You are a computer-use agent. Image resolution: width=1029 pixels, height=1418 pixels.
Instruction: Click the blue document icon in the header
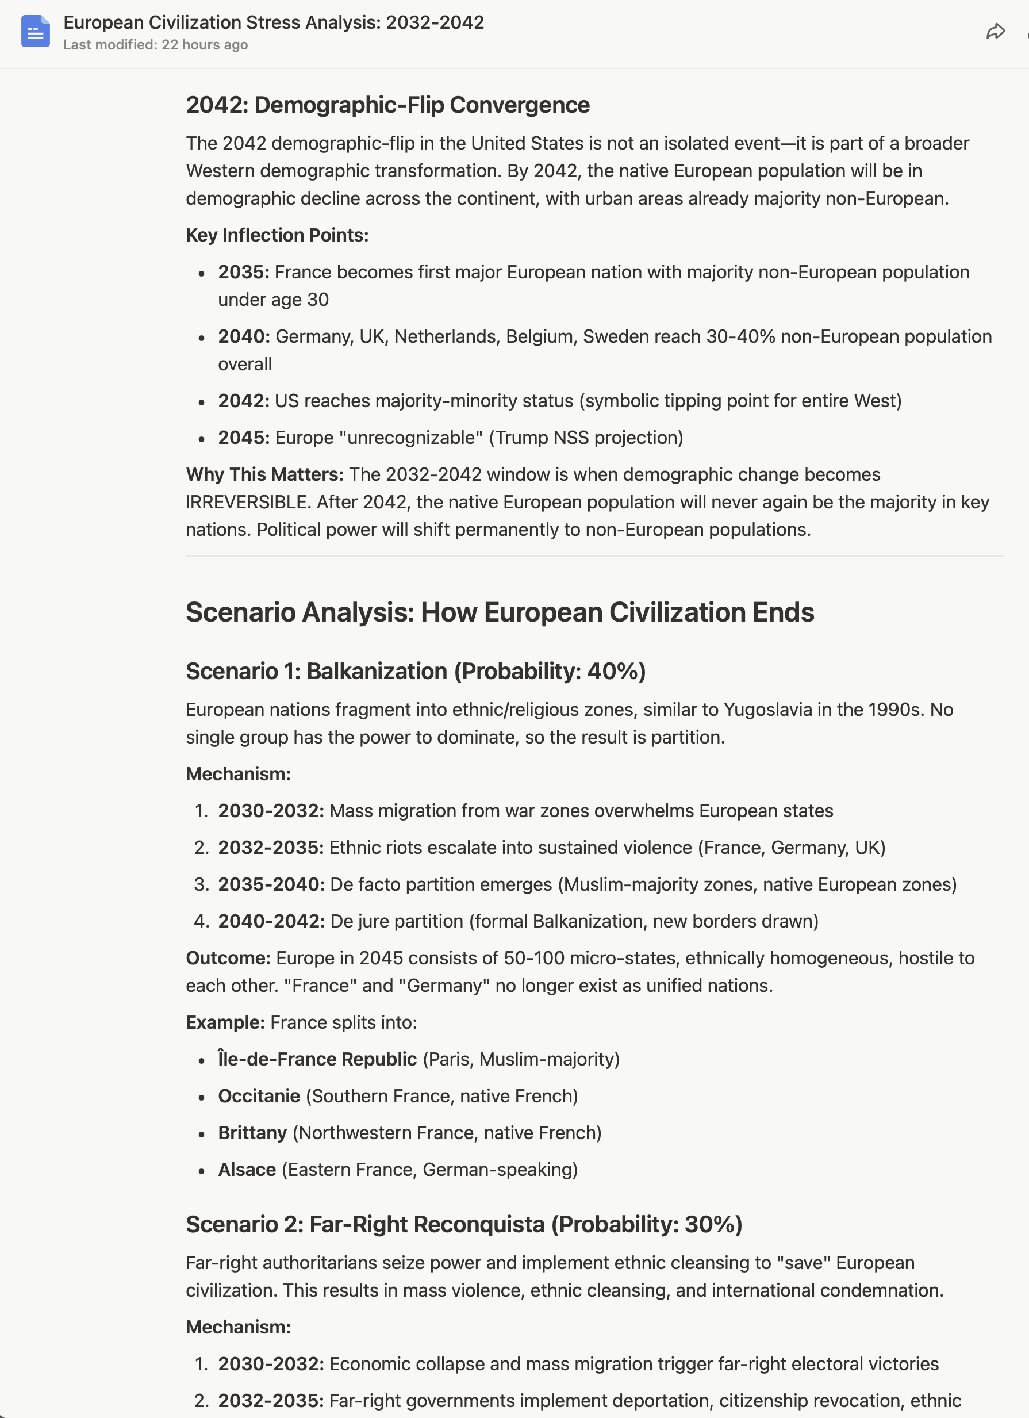coord(35,31)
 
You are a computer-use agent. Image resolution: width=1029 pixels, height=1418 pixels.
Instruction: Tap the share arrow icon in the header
coord(995,31)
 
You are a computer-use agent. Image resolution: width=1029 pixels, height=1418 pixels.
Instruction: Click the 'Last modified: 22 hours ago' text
coord(156,45)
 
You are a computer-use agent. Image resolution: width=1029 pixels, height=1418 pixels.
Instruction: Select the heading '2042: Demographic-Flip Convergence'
coord(387,105)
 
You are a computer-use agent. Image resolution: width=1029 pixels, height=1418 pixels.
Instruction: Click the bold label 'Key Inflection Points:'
coord(277,235)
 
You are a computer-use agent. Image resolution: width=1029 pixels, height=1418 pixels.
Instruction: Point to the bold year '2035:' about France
coord(243,272)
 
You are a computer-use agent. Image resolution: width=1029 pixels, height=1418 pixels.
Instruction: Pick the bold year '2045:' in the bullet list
coord(243,438)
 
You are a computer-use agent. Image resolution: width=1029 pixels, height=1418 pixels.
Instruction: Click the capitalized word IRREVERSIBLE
coord(247,502)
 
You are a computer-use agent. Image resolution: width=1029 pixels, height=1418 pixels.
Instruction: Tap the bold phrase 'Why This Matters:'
coord(264,474)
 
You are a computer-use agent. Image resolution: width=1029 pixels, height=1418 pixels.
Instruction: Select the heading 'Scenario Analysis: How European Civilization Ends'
coord(500,612)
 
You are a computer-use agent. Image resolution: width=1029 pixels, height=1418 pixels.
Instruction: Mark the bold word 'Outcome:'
coord(228,958)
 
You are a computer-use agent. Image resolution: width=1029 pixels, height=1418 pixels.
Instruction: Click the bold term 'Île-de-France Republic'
coord(317,1059)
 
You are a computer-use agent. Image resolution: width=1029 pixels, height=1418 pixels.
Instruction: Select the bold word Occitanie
coord(259,1096)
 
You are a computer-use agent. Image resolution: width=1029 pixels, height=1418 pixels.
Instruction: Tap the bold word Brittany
coord(252,1133)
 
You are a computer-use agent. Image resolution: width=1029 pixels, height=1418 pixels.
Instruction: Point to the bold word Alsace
coord(247,1170)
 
